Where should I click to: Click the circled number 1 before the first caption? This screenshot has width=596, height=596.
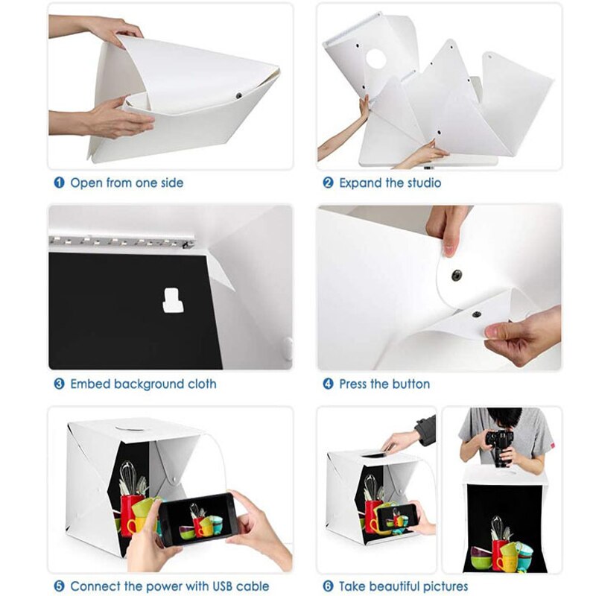tap(58, 183)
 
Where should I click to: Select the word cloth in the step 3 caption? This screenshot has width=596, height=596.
tap(200, 384)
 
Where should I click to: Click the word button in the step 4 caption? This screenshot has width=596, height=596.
tap(410, 384)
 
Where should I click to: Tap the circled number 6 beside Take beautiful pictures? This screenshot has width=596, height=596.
tap(328, 586)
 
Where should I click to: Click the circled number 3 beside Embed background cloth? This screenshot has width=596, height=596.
tap(58, 384)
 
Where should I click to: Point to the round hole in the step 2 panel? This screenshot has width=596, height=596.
tap(376, 59)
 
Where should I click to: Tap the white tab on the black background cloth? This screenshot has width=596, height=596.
tap(173, 300)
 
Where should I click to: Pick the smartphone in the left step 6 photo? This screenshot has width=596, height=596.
tap(395, 517)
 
